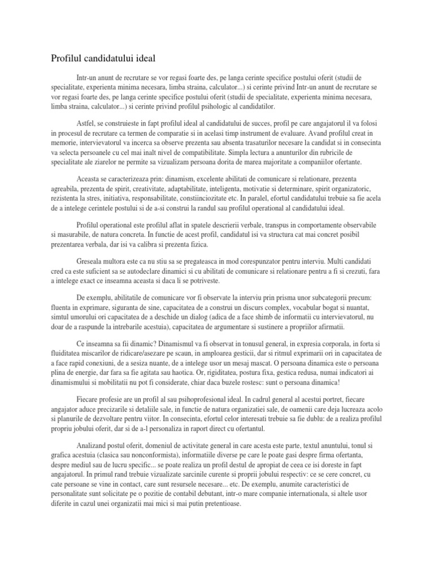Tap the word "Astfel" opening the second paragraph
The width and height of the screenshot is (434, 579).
click(x=86, y=123)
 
